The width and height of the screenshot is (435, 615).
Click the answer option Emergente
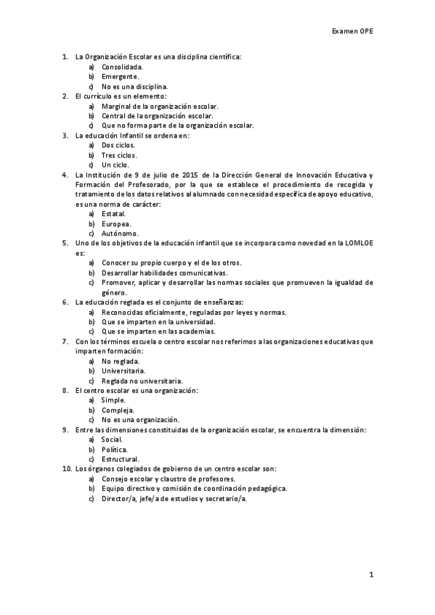(120, 75)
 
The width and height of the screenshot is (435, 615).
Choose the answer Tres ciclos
(119, 154)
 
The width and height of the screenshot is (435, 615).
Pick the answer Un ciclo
(115, 165)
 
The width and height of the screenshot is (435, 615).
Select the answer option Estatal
(114, 214)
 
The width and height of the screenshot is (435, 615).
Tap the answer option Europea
(116, 224)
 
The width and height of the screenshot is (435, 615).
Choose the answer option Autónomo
(120, 234)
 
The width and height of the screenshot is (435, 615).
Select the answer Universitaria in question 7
(123, 371)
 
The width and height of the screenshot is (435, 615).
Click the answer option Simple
(114, 400)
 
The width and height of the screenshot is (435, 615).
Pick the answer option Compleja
(118, 410)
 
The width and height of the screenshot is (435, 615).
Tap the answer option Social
(113, 439)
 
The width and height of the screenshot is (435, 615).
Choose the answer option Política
(115, 449)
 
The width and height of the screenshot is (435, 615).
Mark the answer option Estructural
(121, 459)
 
